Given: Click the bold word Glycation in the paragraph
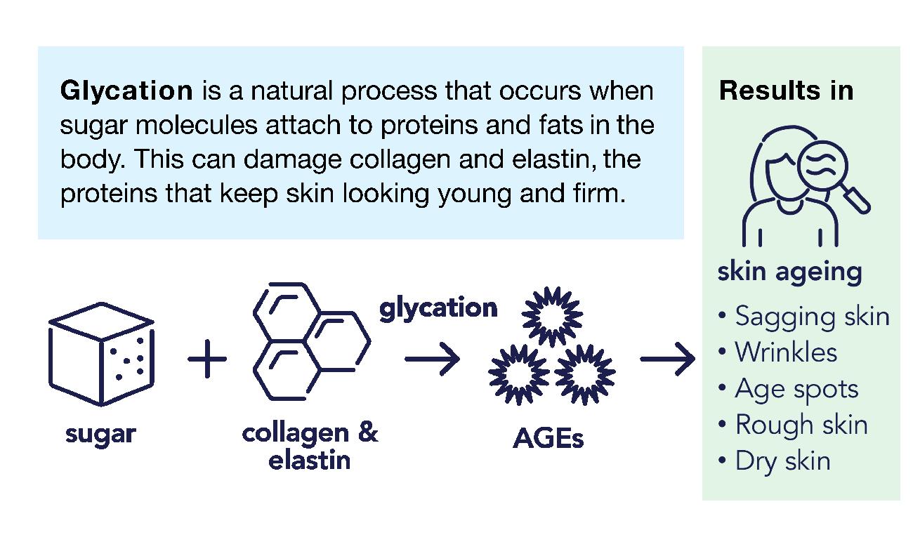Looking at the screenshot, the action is pos(126,91).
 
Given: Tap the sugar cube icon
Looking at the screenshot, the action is pos(101,355).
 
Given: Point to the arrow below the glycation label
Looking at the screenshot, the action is pos(432,359).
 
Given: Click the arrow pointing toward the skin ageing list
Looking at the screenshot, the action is pos(667,359).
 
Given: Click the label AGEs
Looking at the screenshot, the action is pos(549,439).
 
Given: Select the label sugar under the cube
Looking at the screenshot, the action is pos(100,434).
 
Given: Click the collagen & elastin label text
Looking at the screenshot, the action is pos(310,446).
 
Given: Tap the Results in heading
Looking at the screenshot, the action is pos(786,91).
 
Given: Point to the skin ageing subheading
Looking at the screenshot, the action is pos(789,272).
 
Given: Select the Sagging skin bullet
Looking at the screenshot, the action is pos(811,317).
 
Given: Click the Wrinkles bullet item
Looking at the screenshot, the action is pos(785,352).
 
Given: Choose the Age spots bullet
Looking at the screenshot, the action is pos(796,389).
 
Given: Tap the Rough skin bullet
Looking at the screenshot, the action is pos(801,425).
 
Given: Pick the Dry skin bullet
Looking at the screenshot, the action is pos(782,461).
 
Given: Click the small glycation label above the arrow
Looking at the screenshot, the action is pos(438,308).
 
